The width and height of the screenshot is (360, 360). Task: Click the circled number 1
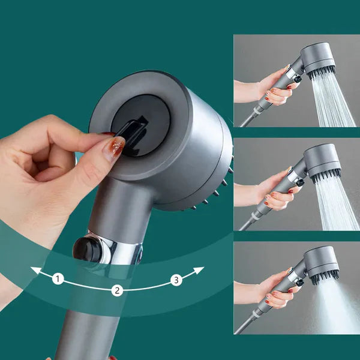click(58, 278)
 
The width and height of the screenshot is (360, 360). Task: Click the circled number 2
click(118, 290)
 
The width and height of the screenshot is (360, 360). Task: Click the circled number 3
click(176, 279)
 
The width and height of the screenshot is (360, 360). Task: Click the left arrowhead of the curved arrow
click(35, 271)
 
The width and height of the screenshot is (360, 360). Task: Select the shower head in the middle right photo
click(322, 161)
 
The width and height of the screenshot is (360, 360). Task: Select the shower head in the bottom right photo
click(322, 262)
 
